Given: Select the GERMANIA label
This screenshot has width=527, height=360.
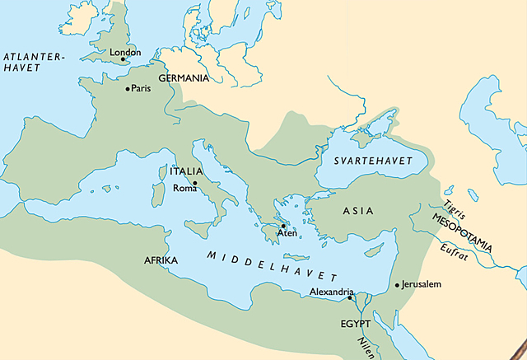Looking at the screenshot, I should tap(184, 77).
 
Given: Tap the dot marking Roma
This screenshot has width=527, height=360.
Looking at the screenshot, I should tap(195, 183).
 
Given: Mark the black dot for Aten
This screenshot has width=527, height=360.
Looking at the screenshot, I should tap(282, 226).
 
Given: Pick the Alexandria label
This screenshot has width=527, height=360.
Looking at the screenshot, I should tap(332, 292).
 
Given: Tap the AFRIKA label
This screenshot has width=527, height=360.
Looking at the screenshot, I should tap(161, 260).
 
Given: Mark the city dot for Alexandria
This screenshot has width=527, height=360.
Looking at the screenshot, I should tap(350, 298).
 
